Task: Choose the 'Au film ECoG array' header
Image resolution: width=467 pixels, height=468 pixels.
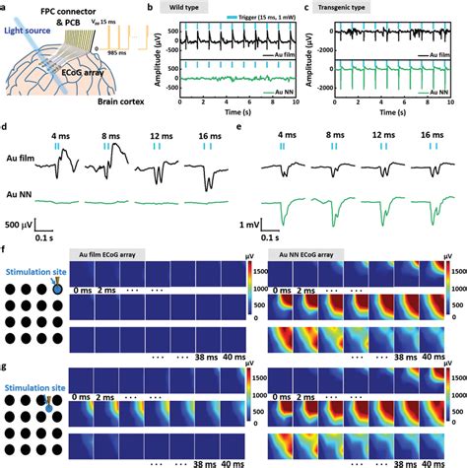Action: pyautogui.click(x=124, y=255)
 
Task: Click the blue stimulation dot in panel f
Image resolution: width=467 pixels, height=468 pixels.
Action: pyautogui.click(x=58, y=290)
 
